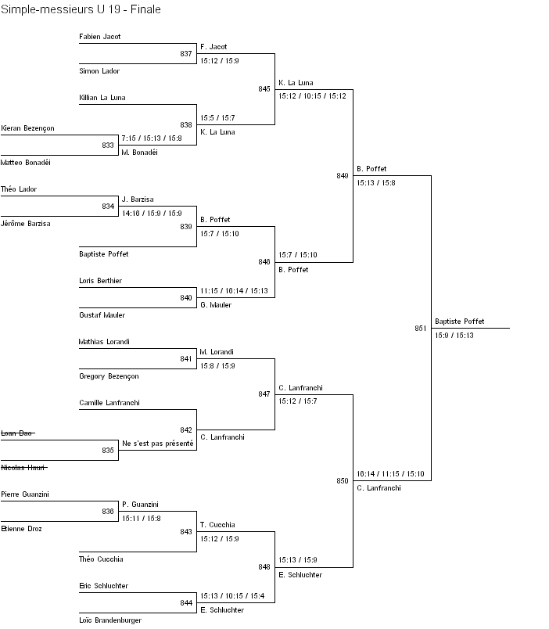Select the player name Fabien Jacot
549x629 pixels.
[x=100, y=37]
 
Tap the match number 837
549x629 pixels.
[x=186, y=54]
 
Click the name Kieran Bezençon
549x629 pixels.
[x=28, y=128]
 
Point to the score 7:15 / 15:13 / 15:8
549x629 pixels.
[x=152, y=138]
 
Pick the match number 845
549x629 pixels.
[x=264, y=89]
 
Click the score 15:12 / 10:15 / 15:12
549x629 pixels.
[x=312, y=96]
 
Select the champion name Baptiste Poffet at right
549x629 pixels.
[x=459, y=322]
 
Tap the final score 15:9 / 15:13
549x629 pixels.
[x=454, y=336]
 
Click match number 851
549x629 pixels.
[x=421, y=329]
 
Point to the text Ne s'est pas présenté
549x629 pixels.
[x=157, y=444]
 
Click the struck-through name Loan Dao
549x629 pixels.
[x=17, y=433]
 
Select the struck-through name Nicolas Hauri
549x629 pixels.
[x=23, y=468]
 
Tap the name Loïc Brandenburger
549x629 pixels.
[x=110, y=620]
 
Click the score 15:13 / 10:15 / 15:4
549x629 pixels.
[x=233, y=596]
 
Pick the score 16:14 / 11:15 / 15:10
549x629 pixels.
[x=390, y=474]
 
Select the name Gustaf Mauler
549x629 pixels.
[x=102, y=315]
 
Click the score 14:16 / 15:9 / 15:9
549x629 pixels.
[x=152, y=213]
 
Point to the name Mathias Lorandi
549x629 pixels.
[x=104, y=342]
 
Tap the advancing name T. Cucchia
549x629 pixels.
[x=217, y=525]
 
